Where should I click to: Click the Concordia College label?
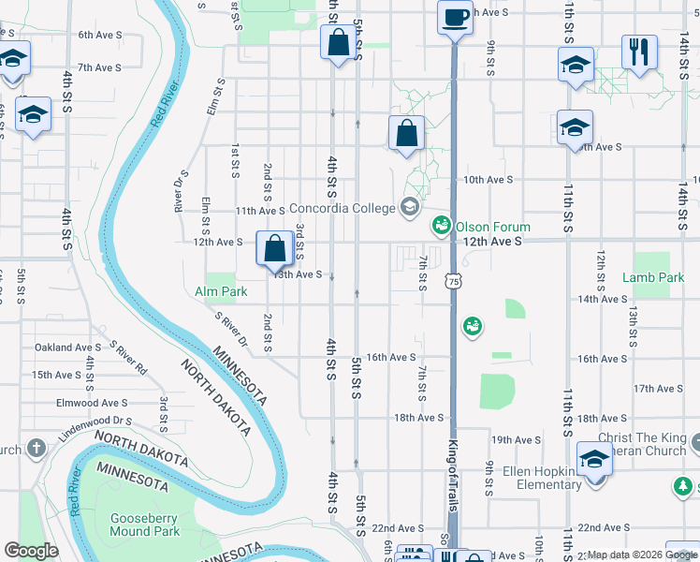(343, 208)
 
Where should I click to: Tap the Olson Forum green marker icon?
(441, 226)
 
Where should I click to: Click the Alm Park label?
(222, 291)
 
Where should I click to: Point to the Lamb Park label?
(653, 278)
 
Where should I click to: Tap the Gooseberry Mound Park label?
(131, 525)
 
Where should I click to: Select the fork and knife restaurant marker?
(639, 52)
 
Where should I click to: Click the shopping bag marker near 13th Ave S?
(274, 250)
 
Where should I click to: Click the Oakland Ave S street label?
(67, 348)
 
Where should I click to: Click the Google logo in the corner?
(31, 551)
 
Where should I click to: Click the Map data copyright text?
(641, 555)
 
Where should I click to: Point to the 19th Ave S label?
(516, 439)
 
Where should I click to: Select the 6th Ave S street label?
(99, 35)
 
